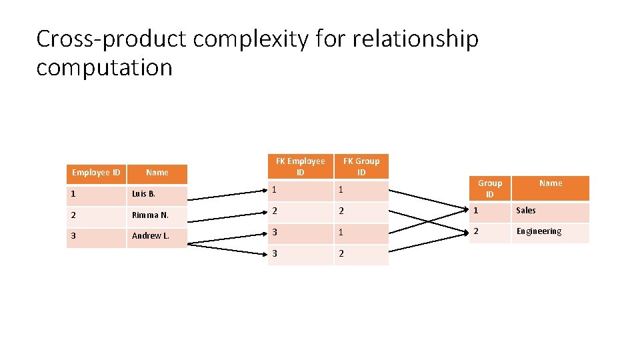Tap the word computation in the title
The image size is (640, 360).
point(104,68)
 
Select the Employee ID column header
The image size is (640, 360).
point(96,173)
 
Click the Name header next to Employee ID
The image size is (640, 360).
point(157,173)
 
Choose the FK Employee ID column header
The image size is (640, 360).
point(300,167)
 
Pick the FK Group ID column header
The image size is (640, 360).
point(361,167)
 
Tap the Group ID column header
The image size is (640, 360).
point(489,189)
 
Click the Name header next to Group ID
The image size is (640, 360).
point(550,183)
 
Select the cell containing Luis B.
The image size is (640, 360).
point(157,194)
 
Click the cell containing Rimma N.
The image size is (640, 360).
point(157,215)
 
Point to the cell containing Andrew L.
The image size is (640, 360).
point(157,236)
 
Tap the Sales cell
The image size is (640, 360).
point(550,211)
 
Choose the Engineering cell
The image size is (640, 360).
point(550,232)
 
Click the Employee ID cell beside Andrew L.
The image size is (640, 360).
point(96,236)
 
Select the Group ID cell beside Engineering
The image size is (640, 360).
point(489,232)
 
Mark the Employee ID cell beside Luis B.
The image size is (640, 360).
point(96,194)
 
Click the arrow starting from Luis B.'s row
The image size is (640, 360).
point(227,195)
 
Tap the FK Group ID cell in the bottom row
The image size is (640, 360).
point(361,254)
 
